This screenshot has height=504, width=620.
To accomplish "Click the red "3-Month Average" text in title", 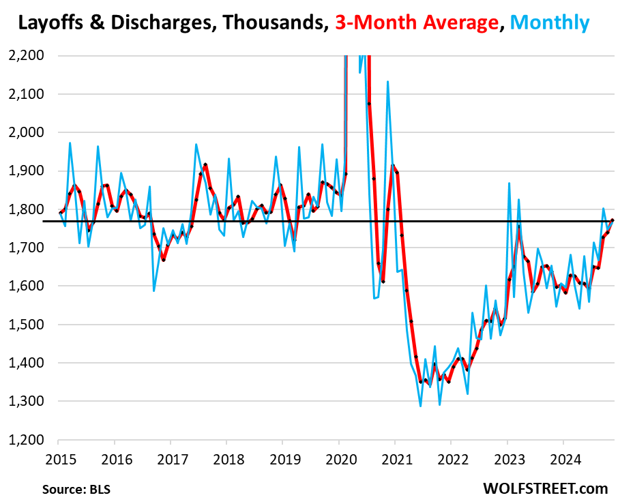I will click(x=415, y=23).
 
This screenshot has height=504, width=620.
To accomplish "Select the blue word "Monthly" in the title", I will click(x=548, y=23).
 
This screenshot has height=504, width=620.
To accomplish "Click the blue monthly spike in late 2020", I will click(x=388, y=82).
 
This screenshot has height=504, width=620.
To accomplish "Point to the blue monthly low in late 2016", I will click(x=153, y=291).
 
